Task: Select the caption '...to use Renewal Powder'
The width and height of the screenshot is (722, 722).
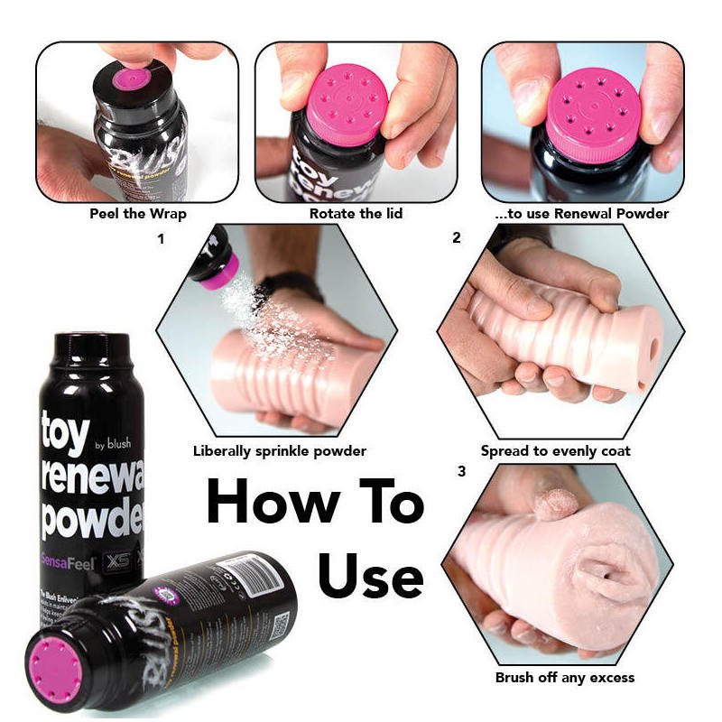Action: (583, 215)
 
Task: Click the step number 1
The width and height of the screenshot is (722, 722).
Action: (161, 239)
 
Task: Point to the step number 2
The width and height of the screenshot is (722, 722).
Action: (457, 239)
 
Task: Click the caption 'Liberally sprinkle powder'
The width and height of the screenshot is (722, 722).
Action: (280, 450)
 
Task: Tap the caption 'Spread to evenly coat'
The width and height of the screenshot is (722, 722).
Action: (555, 450)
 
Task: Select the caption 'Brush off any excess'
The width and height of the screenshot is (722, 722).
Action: (565, 677)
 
